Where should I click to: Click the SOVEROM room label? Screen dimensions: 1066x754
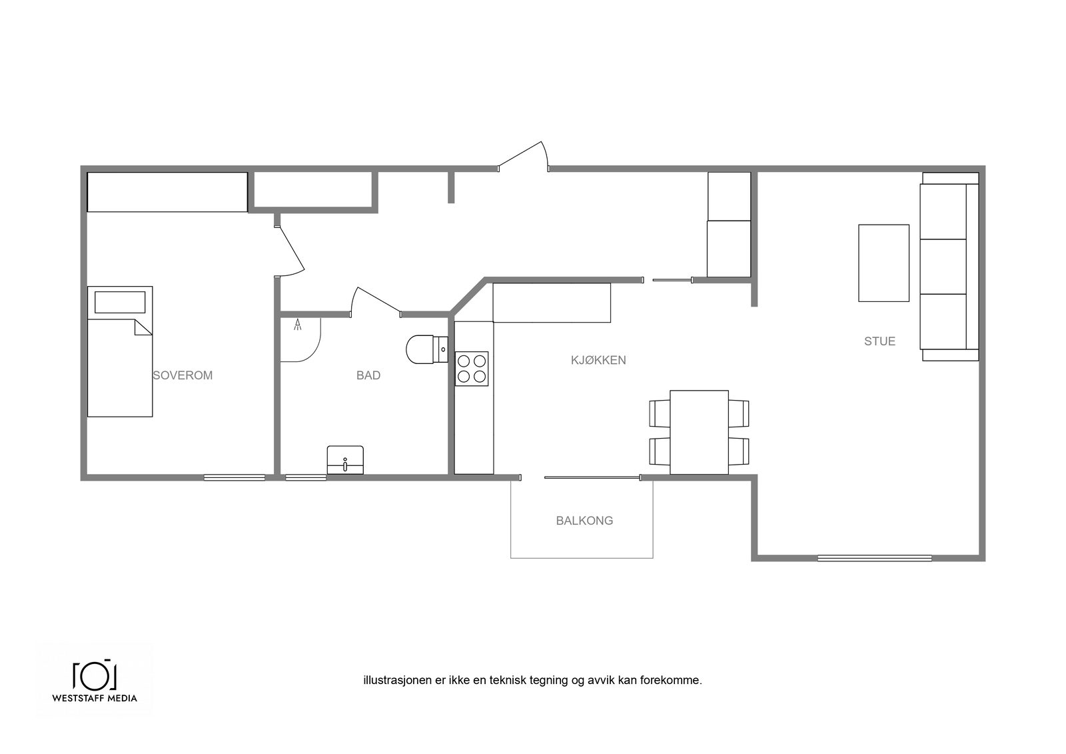183,375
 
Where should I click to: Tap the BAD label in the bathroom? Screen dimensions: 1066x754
368,375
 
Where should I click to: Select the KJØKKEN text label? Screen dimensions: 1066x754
598,360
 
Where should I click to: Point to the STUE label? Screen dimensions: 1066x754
879,341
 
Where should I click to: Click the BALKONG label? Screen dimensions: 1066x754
584,521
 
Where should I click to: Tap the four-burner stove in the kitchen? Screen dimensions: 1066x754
472,369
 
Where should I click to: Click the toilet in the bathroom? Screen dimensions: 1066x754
427,349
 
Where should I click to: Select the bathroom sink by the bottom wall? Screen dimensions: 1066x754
345,460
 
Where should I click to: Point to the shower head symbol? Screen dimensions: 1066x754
297,325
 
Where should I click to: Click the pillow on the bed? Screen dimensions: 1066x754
120,303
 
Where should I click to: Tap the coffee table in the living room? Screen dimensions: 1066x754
883,263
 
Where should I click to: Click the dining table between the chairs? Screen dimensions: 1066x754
699,433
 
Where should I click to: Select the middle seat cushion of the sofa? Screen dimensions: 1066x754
943,267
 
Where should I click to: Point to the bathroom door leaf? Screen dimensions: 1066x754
379,300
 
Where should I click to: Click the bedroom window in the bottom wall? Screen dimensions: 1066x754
235,477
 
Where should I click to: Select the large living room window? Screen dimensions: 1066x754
875,558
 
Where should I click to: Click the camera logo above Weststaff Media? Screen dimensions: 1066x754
95,675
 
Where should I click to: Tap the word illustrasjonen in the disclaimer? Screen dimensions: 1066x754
398,681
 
